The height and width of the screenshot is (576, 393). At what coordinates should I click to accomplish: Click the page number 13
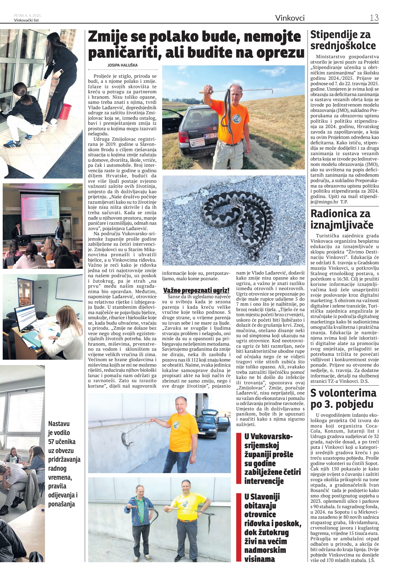click(374, 18)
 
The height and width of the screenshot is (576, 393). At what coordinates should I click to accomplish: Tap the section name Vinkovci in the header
click(290, 18)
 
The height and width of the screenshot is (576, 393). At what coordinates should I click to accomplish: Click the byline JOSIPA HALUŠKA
click(123, 65)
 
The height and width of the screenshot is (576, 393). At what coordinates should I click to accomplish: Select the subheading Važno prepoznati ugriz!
click(196, 290)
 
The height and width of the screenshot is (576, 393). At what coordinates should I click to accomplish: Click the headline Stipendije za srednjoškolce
click(343, 40)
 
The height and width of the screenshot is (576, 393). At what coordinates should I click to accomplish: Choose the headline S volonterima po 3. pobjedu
click(343, 398)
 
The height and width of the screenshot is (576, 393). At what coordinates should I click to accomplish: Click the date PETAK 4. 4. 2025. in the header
click(28, 15)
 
